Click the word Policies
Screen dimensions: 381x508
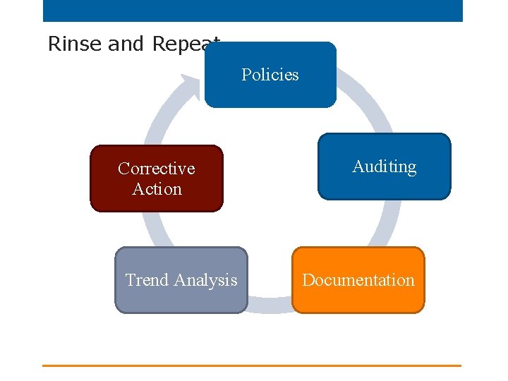[x=270, y=75]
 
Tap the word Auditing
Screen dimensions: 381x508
[x=384, y=167]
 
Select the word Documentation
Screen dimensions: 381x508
[x=358, y=280]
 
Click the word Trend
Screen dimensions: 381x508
[x=147, y=280]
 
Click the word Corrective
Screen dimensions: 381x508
[x=156, y=169]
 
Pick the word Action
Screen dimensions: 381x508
[x=157, y=189]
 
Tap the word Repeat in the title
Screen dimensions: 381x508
[x=186, y=44]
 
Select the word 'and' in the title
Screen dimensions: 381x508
[x=126, y=44]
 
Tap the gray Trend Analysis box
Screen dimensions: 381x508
[x=181, y=300]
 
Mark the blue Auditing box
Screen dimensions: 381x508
[x=384, y=187]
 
